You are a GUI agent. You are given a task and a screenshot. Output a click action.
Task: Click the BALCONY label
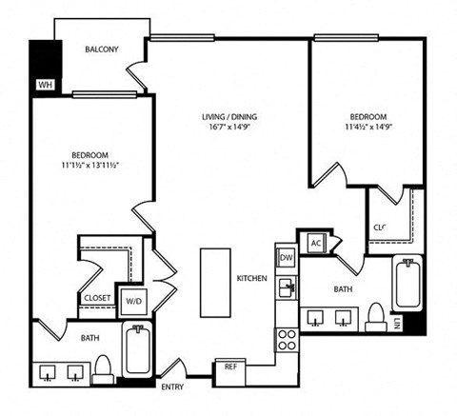101,50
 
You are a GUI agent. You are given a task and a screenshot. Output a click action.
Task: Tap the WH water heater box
44,85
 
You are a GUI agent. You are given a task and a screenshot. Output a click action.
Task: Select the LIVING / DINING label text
228,118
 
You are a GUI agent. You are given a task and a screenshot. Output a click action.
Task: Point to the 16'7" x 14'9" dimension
228,129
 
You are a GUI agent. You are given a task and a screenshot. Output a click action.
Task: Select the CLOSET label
97,298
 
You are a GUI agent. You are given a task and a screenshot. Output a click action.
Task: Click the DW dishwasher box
285,257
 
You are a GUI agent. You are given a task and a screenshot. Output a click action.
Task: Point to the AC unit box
315,243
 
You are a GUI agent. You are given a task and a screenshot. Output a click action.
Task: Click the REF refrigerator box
229,366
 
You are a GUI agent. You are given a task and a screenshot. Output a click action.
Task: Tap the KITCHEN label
252,278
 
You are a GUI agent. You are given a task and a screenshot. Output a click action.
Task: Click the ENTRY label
172,386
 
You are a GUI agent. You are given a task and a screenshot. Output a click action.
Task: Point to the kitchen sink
285,287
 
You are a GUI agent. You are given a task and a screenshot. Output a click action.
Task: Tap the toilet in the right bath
375,316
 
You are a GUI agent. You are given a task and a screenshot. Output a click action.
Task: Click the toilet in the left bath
102,367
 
